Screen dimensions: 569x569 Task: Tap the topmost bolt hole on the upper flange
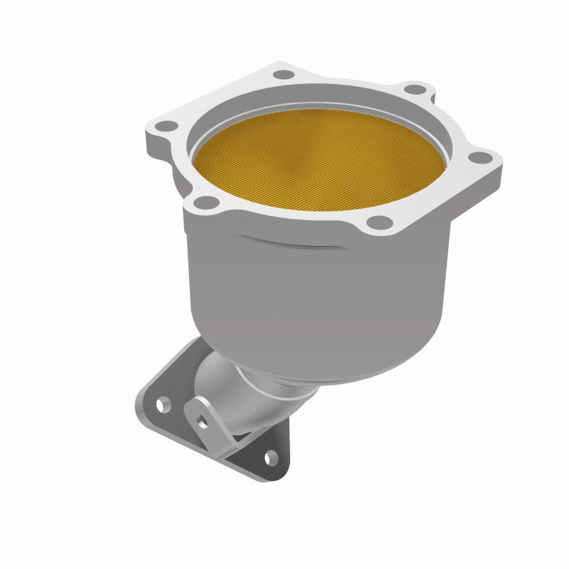point(284,74)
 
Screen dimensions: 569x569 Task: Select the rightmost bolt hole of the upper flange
point(481,158)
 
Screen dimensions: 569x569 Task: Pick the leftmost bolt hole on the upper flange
point(166,126)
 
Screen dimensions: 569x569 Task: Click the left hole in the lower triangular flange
point(163,405)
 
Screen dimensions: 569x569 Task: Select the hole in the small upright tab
point(203,420)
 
